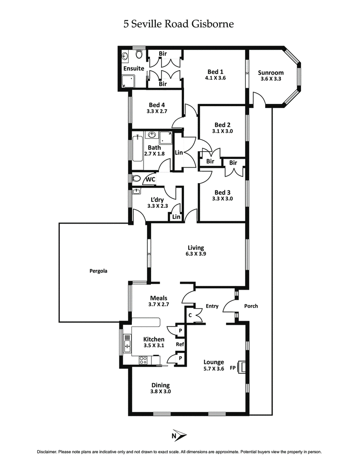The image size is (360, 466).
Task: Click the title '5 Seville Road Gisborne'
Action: click(179, 24)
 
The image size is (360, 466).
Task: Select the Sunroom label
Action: click(271, 72)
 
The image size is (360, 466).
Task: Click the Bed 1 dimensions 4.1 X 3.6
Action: click(215, 78)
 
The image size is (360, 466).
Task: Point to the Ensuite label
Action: click(134, 69)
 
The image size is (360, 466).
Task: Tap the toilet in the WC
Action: click(136, 179)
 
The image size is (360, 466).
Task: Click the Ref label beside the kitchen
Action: click(180, 345)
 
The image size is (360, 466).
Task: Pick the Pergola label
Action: click(98, 271)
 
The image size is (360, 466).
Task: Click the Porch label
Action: click(251, 306)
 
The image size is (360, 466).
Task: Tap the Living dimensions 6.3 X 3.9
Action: click(196, 254)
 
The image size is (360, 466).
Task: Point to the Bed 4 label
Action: click(156, 106)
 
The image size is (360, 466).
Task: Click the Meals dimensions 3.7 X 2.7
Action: click(158, 305)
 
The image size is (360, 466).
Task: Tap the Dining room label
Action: click(160, 385)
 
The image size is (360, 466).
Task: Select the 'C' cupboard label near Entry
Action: click(190, 315)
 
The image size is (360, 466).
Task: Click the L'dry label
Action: click(157, 199)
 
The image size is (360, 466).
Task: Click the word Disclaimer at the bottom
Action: click(48, 451)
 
